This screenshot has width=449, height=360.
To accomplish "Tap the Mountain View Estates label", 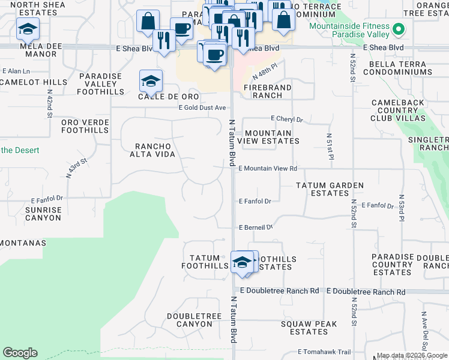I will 268,137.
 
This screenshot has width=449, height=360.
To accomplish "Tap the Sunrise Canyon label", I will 43,214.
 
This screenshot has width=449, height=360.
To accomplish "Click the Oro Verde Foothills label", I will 85,126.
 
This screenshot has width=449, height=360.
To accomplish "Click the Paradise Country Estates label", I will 392,265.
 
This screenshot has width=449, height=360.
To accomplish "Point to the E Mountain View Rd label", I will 268,169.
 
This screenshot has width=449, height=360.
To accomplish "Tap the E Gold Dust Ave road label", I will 202,107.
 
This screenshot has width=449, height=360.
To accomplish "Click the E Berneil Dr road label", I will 256,227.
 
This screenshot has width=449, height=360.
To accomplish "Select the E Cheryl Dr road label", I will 287,119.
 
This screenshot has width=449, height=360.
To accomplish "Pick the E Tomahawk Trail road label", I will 324,352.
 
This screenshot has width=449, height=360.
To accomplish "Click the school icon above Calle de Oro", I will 151,80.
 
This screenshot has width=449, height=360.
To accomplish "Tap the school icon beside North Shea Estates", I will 27,28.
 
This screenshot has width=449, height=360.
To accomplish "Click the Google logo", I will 20,353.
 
